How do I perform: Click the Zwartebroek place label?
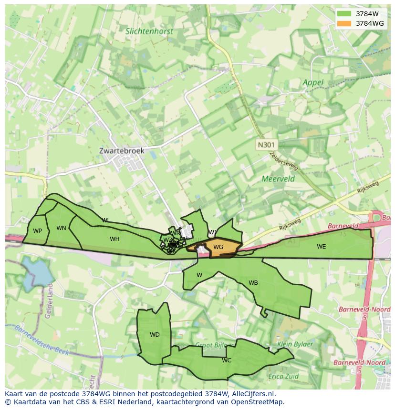pos(121,150)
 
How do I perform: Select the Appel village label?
pos(313,82)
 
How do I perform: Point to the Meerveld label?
pos(278,179)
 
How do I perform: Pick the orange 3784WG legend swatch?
pos(343,23)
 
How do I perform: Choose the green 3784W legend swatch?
pos(343,14)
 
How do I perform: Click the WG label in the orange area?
pos(218,247)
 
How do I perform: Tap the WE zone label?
pos(321,247)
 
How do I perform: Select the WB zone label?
pos(253,283)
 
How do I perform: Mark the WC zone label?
pos(227,360)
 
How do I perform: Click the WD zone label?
pos(155,335)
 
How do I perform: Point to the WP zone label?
pos(37,231)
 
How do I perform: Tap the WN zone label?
pos(61,228)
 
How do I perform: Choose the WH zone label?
pos(114,239)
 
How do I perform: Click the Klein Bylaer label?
pos(295,344)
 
